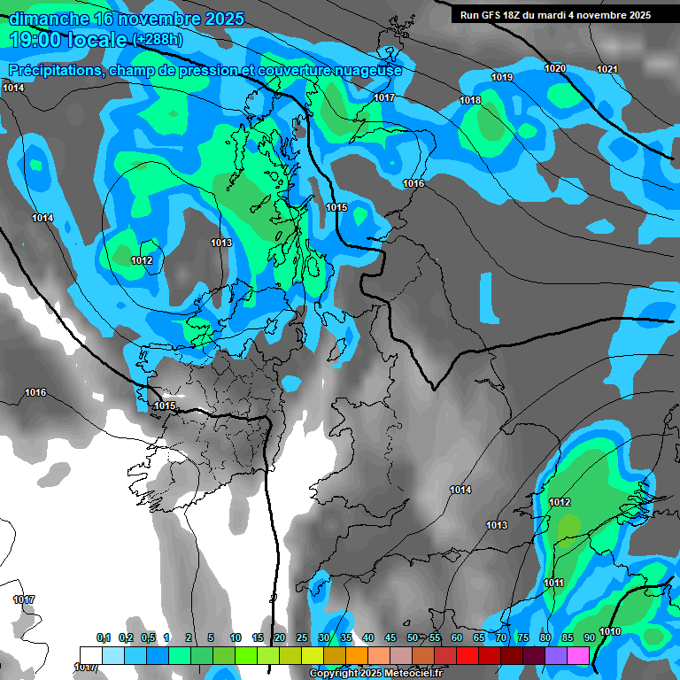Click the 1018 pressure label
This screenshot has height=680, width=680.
click(470, 100)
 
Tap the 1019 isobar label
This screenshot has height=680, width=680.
click(502, 77)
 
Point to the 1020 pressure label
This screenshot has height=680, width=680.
click(555, 68)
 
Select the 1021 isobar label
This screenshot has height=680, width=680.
click(607, 69)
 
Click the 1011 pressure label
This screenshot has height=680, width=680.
click(554, 583)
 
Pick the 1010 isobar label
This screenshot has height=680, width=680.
click(610, 631)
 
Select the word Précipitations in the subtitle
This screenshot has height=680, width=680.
click(54, 71)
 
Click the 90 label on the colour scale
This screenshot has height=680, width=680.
click(589, 637)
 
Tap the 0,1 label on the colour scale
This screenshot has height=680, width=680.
click(104, 637)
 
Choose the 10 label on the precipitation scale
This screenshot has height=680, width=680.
click(236, 637)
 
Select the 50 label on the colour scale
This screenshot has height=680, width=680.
click(413, 637)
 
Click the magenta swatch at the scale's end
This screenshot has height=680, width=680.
click(578, 655)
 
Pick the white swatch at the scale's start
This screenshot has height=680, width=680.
click(90, 655)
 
